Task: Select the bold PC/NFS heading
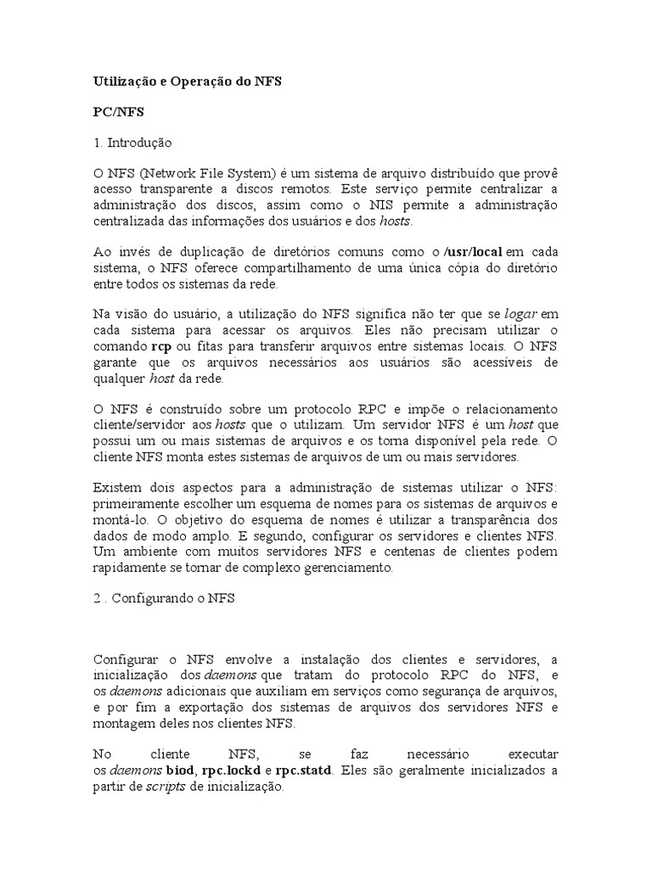click(x=115, y=111)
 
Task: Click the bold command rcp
click(x=161, y=346)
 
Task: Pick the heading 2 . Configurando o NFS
click(x=163, y=598)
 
